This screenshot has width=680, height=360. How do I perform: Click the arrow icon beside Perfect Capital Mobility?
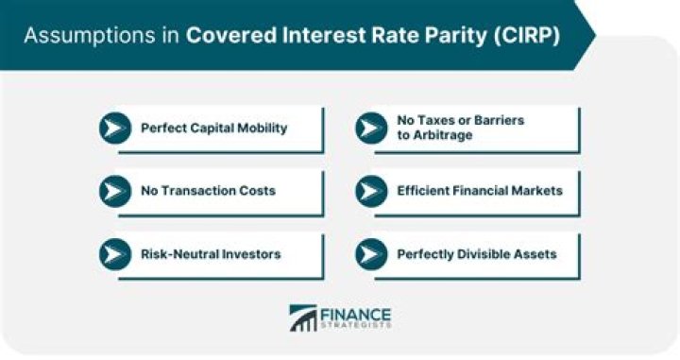tap(115, 129)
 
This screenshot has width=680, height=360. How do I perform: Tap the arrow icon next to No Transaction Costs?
tap(115, 191)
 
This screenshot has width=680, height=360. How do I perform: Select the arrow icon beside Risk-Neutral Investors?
tap(115, 254)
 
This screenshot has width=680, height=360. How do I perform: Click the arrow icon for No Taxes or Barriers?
tap(371, 129)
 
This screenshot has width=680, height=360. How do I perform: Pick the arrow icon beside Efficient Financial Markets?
tap(371, 191)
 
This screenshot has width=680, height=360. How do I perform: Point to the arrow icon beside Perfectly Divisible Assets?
tap(371, 254)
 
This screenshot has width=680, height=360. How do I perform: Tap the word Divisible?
tap(484, 254)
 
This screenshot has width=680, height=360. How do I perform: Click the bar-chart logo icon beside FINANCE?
tap(304, 317)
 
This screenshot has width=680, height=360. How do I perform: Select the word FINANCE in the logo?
tap(357, 313)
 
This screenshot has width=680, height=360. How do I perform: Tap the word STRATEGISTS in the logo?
tap(357, 326)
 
